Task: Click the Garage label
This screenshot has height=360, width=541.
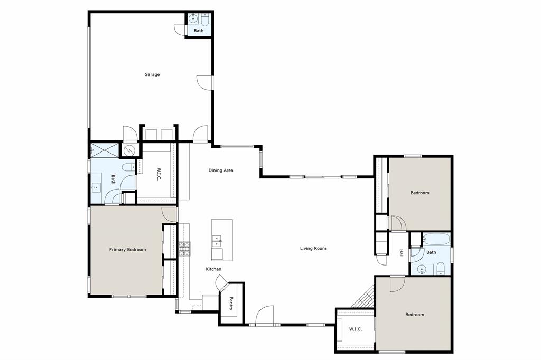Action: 152,74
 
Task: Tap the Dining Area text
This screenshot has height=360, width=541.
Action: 221,170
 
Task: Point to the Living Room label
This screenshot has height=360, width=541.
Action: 313,248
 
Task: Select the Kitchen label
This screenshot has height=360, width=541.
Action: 213,269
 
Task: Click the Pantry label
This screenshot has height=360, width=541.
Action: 231,303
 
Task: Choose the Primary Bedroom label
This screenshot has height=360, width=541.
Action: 127,250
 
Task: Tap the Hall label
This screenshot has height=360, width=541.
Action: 402,253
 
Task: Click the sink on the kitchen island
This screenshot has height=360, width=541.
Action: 217,242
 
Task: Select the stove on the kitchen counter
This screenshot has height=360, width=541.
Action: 184,249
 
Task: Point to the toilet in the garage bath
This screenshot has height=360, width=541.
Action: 205,20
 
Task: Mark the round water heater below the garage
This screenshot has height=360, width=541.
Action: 129,151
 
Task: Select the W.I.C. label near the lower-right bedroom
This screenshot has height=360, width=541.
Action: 355,329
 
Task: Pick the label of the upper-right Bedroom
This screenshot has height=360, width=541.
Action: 420,193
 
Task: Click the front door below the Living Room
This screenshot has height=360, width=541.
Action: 264,317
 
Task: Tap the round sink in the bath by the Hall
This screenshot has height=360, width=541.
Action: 422,270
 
